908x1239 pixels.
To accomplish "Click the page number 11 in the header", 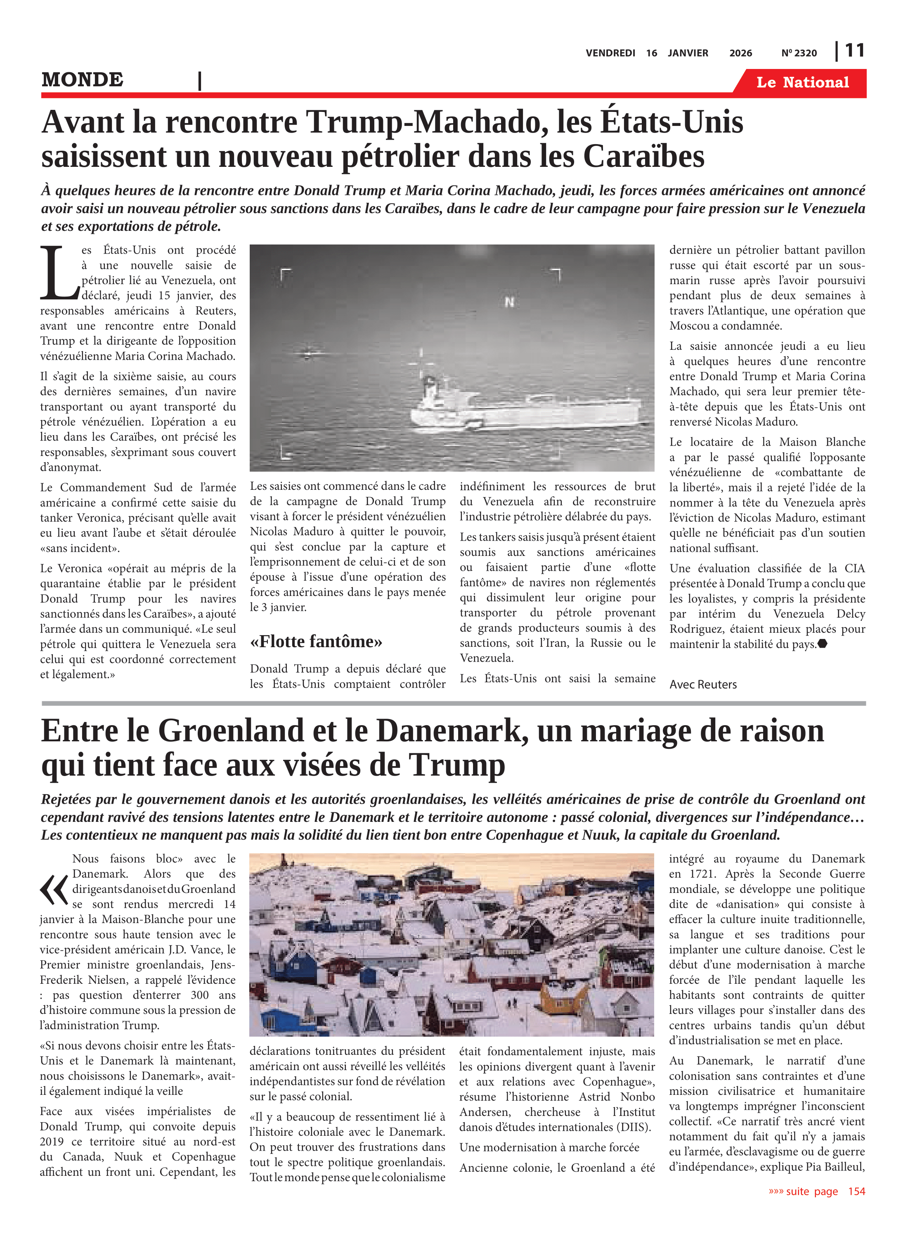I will click(855, 51).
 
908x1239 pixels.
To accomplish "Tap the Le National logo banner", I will click(802, 83).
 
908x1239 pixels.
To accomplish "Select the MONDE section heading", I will click(83, 80).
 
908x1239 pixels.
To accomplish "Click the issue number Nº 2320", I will click(799, 53).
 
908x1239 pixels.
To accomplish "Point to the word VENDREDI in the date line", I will click(610, 53).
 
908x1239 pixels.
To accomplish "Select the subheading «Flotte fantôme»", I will click(316, 642).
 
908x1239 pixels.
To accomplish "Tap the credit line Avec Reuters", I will click(703, 685).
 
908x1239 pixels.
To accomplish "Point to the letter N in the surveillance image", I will click(510, 301).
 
